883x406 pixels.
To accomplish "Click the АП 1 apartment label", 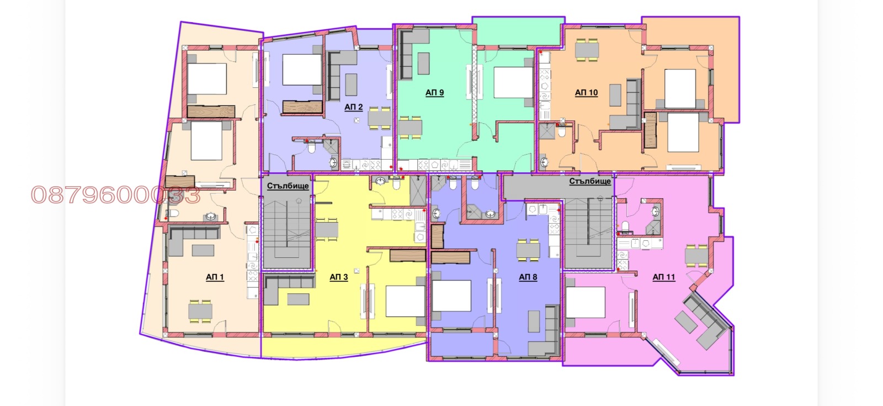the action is (x=215, y=277).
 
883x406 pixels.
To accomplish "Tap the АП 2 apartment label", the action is (x=354, y=107).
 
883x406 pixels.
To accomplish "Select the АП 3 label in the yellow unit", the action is (x=339, y=277).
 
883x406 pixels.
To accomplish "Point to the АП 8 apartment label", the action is (x=528, y=277).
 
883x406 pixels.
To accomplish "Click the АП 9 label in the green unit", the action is (x=434, y=93).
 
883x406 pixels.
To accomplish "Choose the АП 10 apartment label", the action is (x=586, y=93).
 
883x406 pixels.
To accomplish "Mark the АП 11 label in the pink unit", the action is (x=664, y=277).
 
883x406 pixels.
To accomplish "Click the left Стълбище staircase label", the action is (x=288, y=186).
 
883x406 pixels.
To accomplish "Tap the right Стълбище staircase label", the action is (x=590, y=181).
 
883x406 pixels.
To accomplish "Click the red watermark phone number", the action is (x=115, y=195).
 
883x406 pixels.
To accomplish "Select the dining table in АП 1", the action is (x=200, y=312).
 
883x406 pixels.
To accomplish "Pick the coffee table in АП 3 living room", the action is (x=298, y=299).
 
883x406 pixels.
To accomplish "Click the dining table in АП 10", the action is (x=587, y=50).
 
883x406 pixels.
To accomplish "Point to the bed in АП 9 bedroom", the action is (x=513, y=82).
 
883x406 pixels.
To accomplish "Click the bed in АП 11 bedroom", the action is (x=586, y=302).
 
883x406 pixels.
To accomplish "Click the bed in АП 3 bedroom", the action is (x=405, y=301).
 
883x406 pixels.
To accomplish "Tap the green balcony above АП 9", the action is (x=518, y=31).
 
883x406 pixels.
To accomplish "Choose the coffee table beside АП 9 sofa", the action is (x=423, y=64).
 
